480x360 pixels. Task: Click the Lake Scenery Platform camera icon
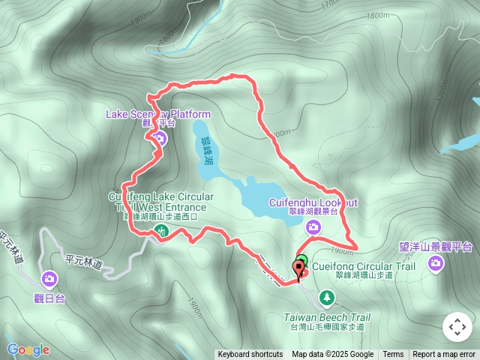tap(160, 137)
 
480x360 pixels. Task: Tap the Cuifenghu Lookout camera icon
tap(313, 227)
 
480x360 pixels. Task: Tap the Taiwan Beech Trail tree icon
tap(327, 298)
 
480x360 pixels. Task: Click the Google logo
tap(28, 349)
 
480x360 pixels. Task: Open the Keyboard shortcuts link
tap(250, 355)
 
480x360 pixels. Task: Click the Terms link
tap(393, 355)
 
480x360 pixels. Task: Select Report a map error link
tap(444, 355)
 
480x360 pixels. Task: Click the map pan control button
tap(457, 328)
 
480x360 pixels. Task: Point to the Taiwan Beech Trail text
tap(327, 317)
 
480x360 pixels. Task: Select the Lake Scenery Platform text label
tap(158, 114)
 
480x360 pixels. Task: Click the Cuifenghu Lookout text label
tap(313, 202)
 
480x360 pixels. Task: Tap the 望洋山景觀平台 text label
tap(435, 246)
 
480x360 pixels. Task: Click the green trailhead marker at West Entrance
tap(162, 232)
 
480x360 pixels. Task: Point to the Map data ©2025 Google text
tap(333, 355)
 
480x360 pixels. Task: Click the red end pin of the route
tap(302, 269)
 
